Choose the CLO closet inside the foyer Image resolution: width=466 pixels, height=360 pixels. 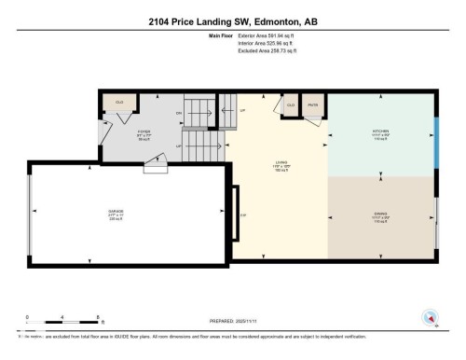119,102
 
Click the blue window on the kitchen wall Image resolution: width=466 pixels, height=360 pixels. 435,137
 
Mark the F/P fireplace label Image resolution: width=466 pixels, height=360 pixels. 242,215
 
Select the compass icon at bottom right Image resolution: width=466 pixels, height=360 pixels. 431,317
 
